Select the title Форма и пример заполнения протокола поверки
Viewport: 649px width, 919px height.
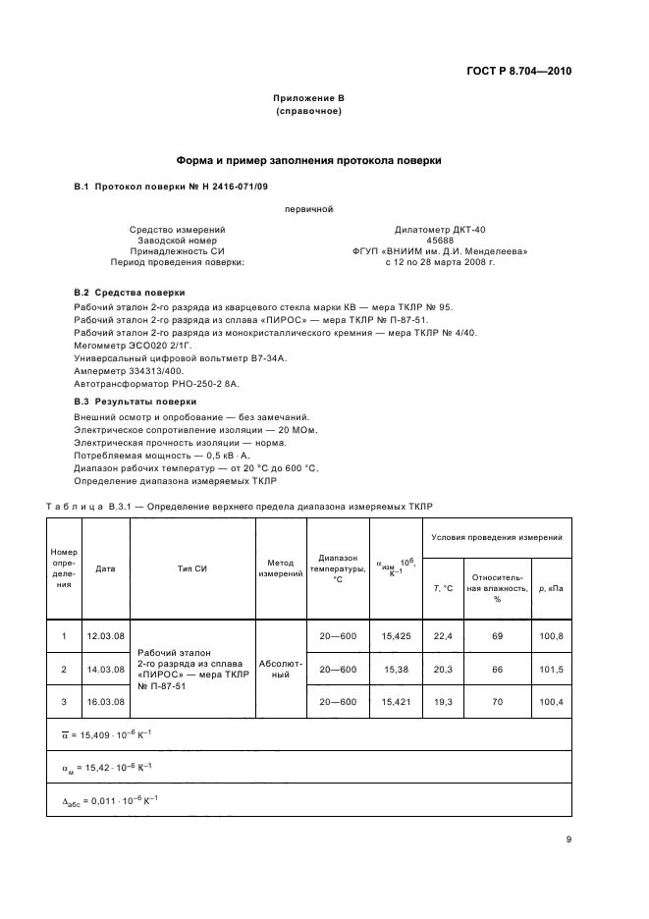click(x=308, y=159)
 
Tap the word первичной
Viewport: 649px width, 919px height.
click(x=309, y=208)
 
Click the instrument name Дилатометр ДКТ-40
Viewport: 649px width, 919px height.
click(x=440, y=230)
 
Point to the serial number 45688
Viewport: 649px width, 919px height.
click(x=440, y=241)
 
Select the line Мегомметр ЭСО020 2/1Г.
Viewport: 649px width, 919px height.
click(x=131, y=345)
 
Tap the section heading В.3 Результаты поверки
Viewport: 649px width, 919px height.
click(x=135, y=402)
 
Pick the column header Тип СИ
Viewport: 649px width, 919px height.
click(x=191, y=568)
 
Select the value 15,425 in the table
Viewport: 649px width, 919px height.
click(x=396, y=636)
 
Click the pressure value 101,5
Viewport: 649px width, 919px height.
click(x=553, y=669)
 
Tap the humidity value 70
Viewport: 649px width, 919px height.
click(x=497, y=702)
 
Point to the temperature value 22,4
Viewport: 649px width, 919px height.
click(x=443, y=636)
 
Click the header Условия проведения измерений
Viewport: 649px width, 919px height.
click(x=497, y=537)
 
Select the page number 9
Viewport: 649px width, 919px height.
click(x=568, y=839)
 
